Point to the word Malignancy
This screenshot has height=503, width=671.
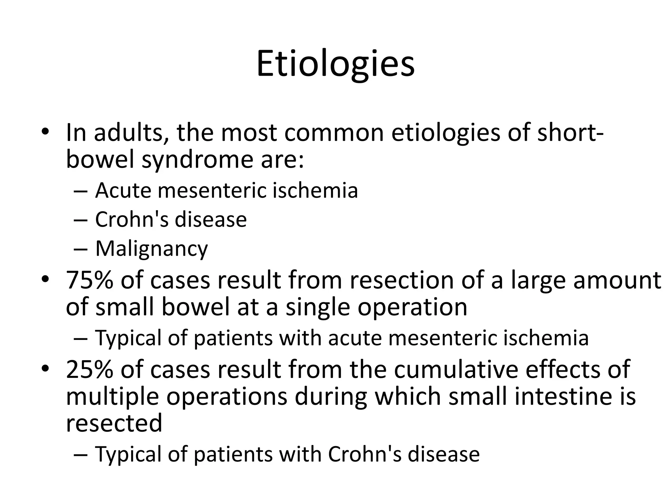[x=151, y=249]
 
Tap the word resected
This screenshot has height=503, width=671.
[x=114, y=423]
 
